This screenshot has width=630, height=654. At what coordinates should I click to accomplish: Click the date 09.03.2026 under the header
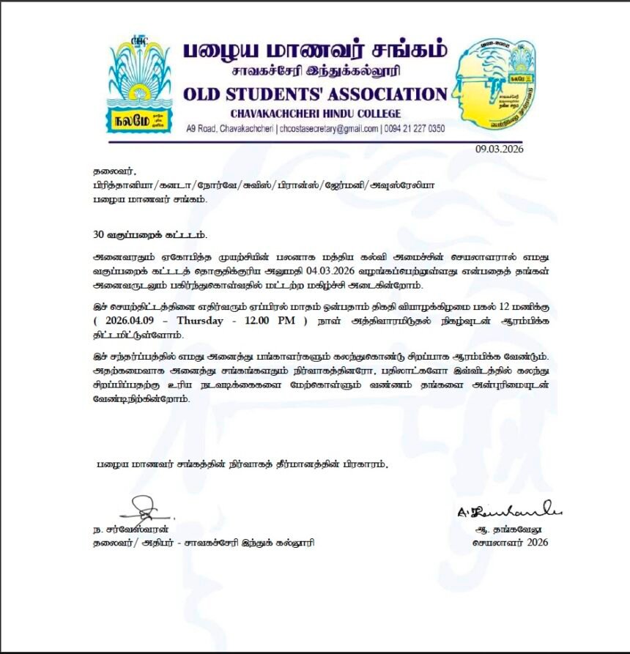point(499,149)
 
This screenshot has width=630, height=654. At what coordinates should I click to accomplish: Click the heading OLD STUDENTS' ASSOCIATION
point(314,94)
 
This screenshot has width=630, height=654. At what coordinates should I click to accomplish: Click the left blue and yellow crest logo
point(140,86)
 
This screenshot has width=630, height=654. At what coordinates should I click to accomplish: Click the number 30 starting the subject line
point(98,235)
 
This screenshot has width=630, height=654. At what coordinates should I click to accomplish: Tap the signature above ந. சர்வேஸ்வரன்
point(146,506)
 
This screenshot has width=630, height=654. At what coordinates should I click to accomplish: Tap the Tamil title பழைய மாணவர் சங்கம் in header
point(314,51)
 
